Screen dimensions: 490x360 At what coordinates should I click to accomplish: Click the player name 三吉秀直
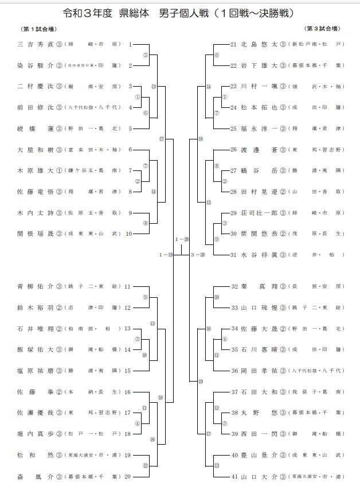tap(36, 44)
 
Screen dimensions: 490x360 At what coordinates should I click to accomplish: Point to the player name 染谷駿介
tap(36, 66)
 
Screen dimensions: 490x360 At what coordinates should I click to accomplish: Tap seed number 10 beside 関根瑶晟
tap(129, 234)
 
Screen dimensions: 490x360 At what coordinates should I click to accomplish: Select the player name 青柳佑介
tap(36, 286)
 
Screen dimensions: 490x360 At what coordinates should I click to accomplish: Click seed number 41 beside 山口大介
tap(234, 476)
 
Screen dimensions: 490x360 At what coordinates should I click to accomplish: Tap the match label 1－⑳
tap(182, 239)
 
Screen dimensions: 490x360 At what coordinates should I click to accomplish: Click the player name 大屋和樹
tap(36, 150)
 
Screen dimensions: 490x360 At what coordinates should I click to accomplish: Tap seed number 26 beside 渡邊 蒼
tap(234, 150)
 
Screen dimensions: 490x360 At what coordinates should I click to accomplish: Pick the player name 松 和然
tap(36, 455)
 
